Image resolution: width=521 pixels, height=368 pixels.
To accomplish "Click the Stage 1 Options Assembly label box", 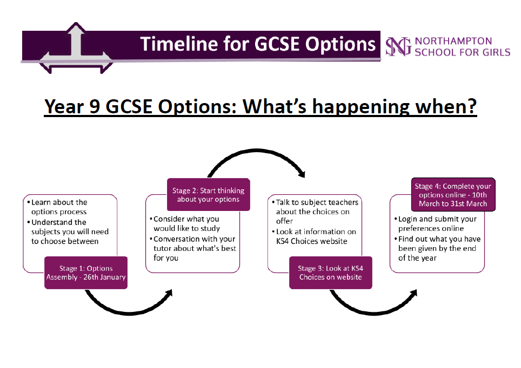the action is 86,273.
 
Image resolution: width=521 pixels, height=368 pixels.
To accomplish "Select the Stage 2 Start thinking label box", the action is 208,194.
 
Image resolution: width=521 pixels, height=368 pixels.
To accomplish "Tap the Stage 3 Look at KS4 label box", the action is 331,273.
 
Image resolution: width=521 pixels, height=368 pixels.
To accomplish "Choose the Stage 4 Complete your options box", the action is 453,194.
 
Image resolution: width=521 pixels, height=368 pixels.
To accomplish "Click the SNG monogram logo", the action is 398,46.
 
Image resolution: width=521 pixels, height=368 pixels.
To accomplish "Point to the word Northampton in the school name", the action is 453,41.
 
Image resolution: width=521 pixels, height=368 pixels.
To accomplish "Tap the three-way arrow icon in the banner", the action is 76,49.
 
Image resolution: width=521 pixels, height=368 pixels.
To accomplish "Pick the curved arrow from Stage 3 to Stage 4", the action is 374,312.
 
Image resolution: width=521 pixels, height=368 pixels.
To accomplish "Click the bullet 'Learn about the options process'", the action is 57,207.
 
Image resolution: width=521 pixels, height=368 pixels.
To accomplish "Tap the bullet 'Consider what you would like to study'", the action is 184,223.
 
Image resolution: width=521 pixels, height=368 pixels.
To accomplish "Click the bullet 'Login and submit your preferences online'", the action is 435,223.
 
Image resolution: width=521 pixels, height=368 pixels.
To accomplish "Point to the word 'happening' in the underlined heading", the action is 361,107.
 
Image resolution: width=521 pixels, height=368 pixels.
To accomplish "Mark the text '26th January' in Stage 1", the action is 104,277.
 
